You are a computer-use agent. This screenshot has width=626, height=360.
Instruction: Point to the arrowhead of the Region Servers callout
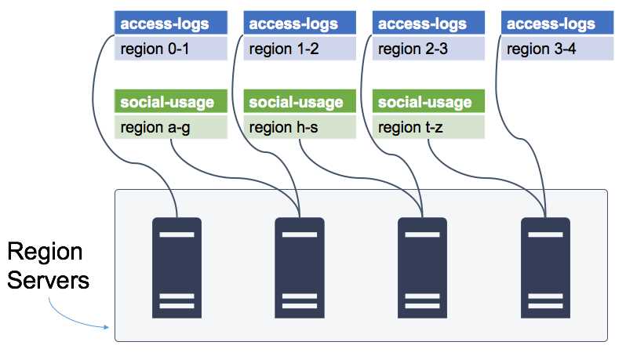pyautogui.click(x=105, y=327)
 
